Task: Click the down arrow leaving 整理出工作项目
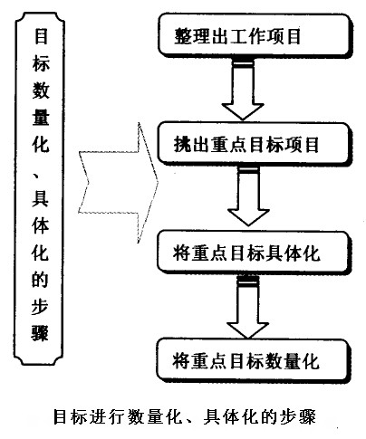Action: (243, 91)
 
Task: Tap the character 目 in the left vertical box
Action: (41, 37)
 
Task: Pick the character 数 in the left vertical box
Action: (41, 91)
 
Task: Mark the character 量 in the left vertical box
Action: (41, 118)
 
